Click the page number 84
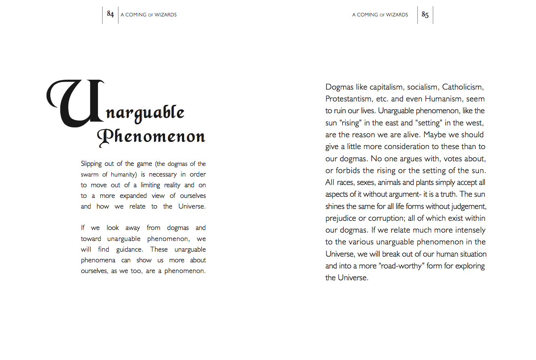coord(110,14)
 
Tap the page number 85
coord(425,14)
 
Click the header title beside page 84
coord(149,15)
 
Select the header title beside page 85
coord(380,15)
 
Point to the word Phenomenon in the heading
coord(151,137)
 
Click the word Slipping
coord(91,164)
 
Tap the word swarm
coord(90,175)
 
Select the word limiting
coord(150,185)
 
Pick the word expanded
coord(133,196)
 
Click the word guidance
coord(130,249)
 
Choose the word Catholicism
coord(463,87)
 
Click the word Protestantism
coord(348,99)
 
